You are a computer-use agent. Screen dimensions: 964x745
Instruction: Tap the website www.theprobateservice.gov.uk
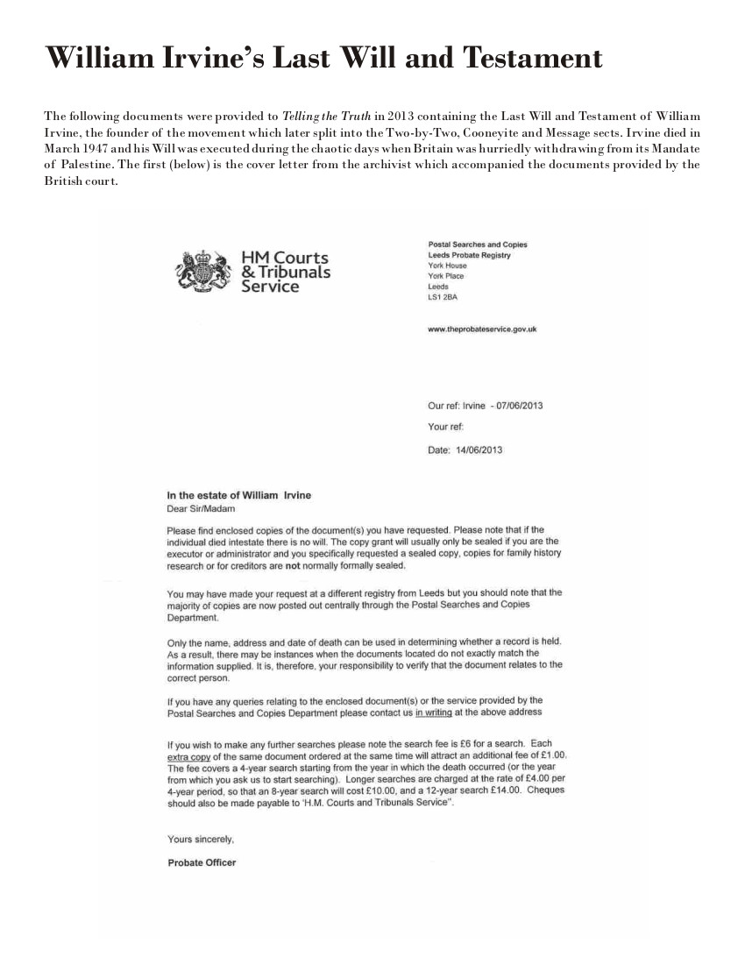click(481, 330)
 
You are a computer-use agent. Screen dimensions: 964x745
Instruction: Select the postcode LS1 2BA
click(442, 297)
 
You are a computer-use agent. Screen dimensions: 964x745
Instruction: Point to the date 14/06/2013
click(479, 450)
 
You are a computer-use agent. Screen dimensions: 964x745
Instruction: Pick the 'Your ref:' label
click(445, 428)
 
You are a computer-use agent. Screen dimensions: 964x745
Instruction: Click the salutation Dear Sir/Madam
click(201, 507)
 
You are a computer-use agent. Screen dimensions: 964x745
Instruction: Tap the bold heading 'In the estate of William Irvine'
click(238, 495)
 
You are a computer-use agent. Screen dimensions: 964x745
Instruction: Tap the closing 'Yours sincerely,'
click(201, 839)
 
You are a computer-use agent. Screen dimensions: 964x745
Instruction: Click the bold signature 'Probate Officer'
click(202, 862)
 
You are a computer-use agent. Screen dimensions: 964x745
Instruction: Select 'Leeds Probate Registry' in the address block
click(469, 255)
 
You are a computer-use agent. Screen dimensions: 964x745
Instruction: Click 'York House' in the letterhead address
click(447, 266)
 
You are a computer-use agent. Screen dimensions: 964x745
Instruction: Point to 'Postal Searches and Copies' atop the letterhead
click(477, 245)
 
